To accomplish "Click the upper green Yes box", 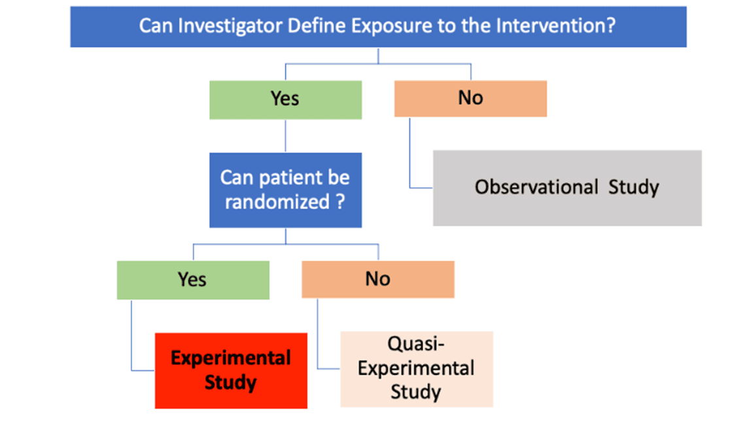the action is pyautogui.click(x=286, y=99).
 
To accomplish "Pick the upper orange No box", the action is pyautogui.click(x=470, y=99).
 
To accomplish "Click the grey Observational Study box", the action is pyautogui.click(x=568, y=188).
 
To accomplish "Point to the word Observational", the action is pyautogui.click(x=536, y=187).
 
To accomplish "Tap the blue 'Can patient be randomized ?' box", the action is pyautogui.click(x=286, y=190).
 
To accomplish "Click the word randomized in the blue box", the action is pyautogui.click(x=277, y=202).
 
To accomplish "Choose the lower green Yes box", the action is pyautogui.click(x=193, y=280).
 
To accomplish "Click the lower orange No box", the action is pyautogui.click(x=378, y=279).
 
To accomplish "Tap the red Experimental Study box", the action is pyautogui.click(x=231, y=371).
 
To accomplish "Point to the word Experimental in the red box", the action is pyautogui.click(x=231, y=358).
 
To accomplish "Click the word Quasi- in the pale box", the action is pyautogui.click(x=416, y=344).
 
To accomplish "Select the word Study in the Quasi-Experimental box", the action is pyautogui.click(x=416, y=392).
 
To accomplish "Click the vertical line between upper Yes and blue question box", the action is pyautogui.click(x=286, y=136).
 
